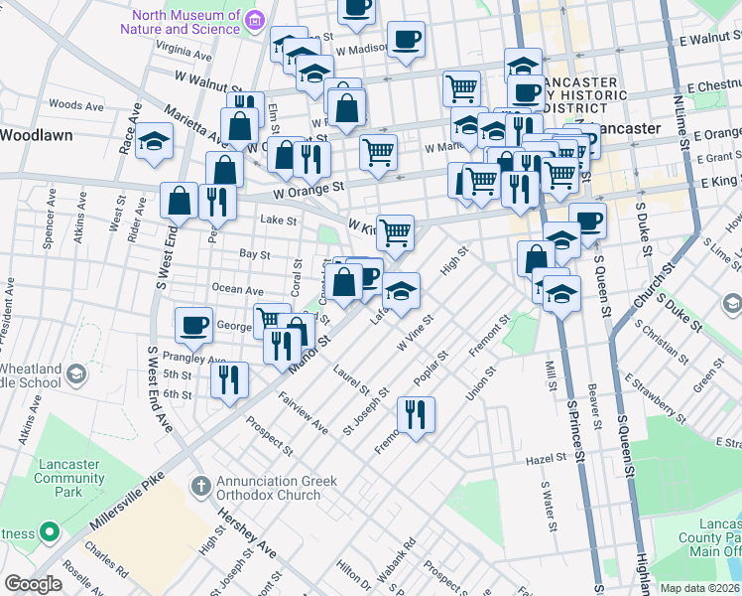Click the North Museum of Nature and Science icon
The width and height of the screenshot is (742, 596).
[256, 19]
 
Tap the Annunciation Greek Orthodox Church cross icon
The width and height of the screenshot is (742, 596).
[200, 486]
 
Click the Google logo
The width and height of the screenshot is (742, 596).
[33, 584]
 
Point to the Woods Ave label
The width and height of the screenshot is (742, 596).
[76, 104]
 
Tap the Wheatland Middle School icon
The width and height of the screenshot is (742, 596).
[76, 374]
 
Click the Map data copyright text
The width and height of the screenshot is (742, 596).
[699, 588]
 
